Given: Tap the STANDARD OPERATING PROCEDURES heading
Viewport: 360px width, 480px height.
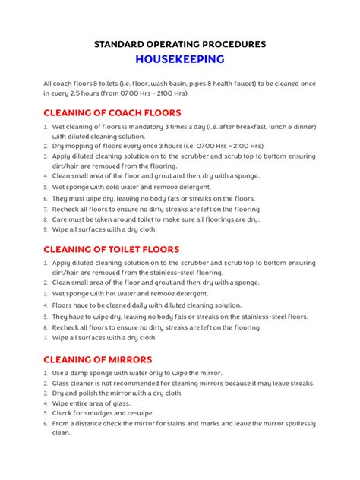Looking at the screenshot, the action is pyautogui.click(x=180, y=44).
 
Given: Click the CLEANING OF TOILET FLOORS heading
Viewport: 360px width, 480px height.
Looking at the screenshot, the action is pyautogui.click(x=111, y=248).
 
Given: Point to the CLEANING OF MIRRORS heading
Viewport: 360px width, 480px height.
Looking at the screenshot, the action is pyautogui.click(x=98, y=359).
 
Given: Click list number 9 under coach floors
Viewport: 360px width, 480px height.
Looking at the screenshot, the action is pyautogui.click(x=46, y=229).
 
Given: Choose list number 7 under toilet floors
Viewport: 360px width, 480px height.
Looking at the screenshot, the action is pyautogui.click(x=46, y=338).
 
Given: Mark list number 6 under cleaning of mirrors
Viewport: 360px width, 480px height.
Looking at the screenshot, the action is pyautogui.click(x=46, y=423).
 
